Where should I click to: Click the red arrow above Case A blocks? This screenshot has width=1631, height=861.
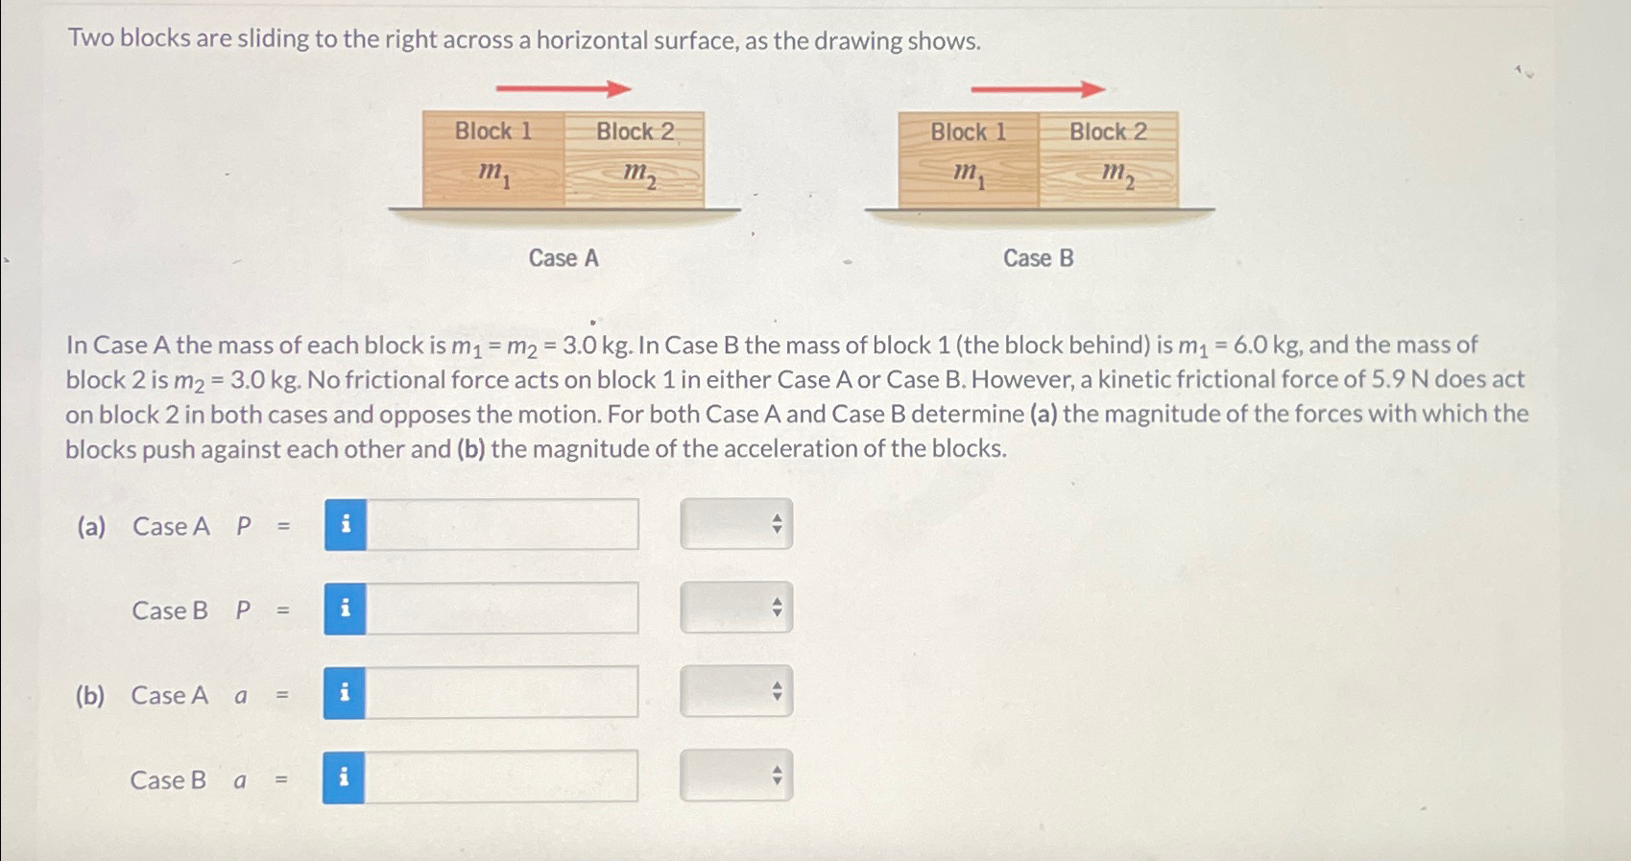pyautogui.click(x=564, y=89)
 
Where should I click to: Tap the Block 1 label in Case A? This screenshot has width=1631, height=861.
pyautogui.click(x=492, y=131)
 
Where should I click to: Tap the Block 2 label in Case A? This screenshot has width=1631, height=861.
pyautogui.click(x=635, y=132)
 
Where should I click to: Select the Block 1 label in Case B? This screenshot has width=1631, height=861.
pyautogui.click(x=968, y=132)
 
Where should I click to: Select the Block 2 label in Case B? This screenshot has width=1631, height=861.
pyautogui.click(x=1108, y=132)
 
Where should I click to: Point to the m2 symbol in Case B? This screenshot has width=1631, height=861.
pyautogui.click(x=1116, y=174)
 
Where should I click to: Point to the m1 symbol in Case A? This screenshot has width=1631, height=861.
pyautogui.click(x=493, y=173)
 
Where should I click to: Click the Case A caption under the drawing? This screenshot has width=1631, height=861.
pyautogui.click(x=564, y=258)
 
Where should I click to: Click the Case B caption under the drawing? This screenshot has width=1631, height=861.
pyautogui.click(x=1038, y=258)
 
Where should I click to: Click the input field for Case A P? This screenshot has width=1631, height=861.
pyautogui.click(x=502, y=524)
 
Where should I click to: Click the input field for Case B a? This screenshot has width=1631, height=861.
pyautogui.click(x=500, y=777)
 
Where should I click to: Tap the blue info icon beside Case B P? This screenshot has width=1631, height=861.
pyautogui.click(x=345, y=609)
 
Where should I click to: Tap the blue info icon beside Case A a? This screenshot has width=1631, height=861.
pyautogui.click(x=344, y=692)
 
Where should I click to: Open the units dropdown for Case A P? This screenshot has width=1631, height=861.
pyautogui.click(x=736, y=524)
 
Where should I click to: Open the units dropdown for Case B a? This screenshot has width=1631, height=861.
pyautogui.click(x=735, y=776)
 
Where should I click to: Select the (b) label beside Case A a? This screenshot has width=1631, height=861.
pyautogui.click(x=89, y=695)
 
